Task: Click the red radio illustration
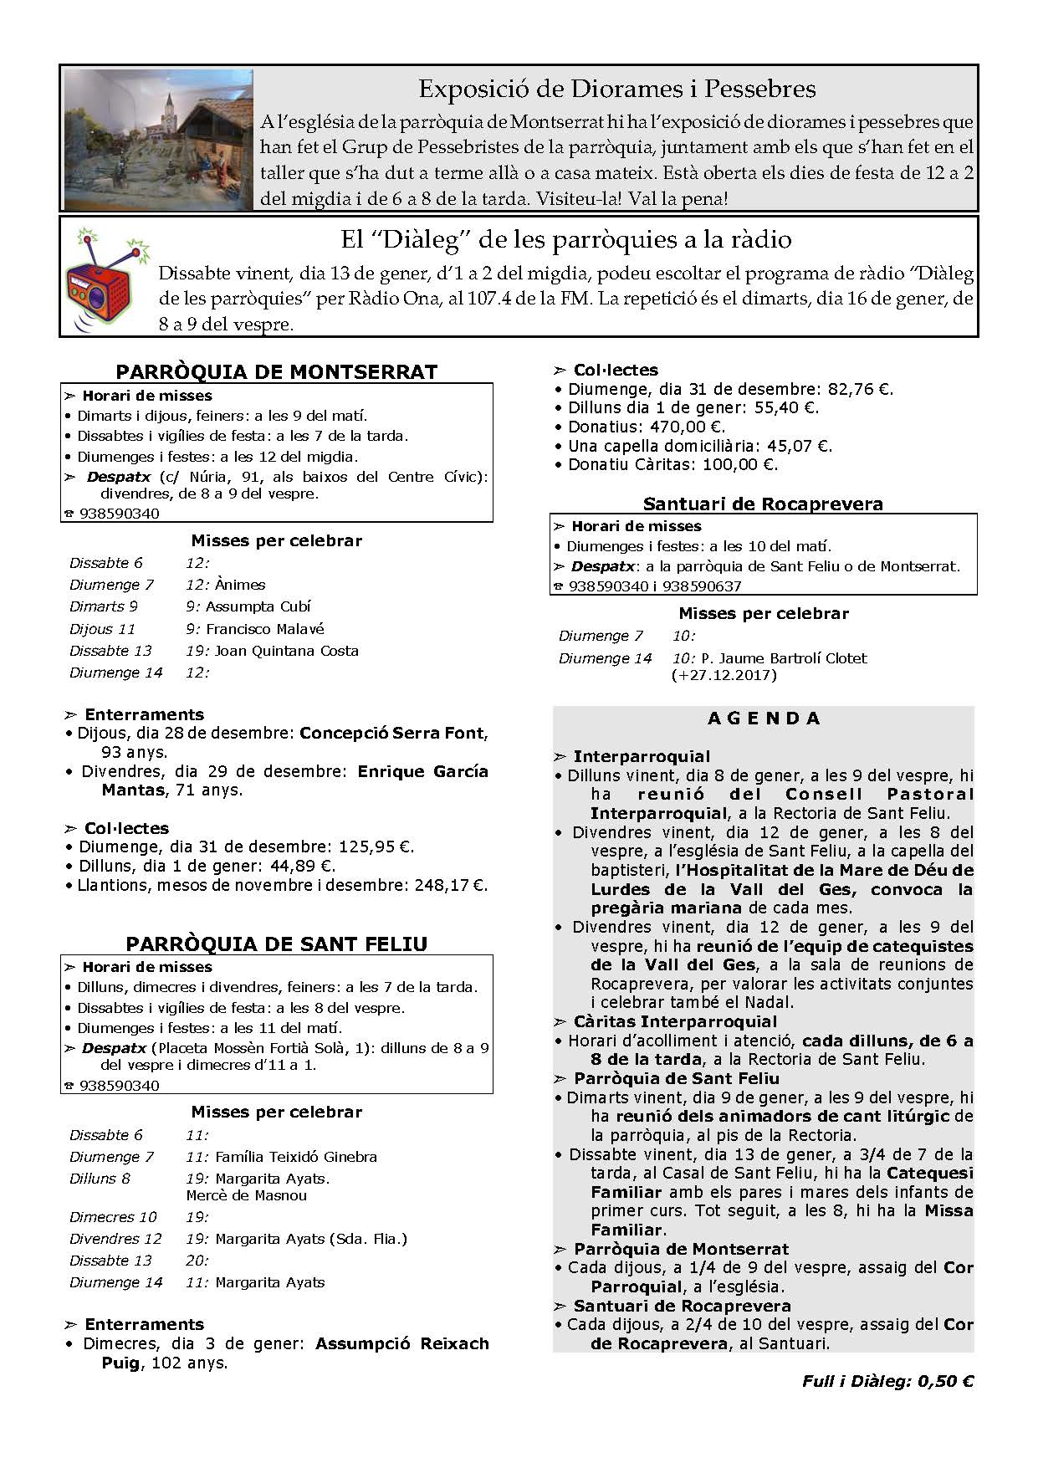click(x=107, y=276)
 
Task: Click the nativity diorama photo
click(x=157, y=139)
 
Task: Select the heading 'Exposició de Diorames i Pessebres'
click(x=616, y=89)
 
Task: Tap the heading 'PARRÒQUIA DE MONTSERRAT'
click(x=276, y=372)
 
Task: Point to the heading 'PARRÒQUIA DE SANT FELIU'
click(x=276, y=944)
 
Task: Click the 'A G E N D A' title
click(x=764, y=719)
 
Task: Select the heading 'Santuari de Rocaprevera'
click(x=763, y=504)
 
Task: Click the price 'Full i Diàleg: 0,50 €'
click(x=887, y=1382)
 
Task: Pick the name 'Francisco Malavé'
click(x=265, y=629)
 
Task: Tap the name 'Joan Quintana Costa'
click(x=287, y=651)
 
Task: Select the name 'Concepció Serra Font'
click(x=391, y=734)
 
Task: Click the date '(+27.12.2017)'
click(x=724, y=675)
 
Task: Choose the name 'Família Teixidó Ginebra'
click(x=296, y=1157)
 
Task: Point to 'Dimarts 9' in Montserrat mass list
click(x=104, y=606)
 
